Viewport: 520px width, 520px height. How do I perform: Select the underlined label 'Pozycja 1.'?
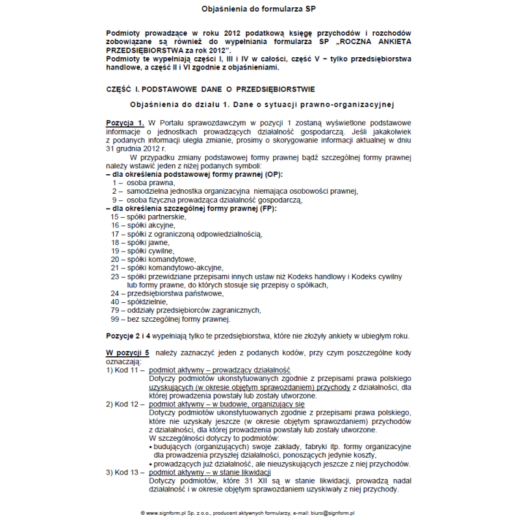point(125,123)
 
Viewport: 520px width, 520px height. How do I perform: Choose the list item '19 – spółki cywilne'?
point(142,250)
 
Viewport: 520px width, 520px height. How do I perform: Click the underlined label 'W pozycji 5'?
point(128,352)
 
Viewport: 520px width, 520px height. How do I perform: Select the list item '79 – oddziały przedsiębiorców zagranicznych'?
point(186,310)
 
